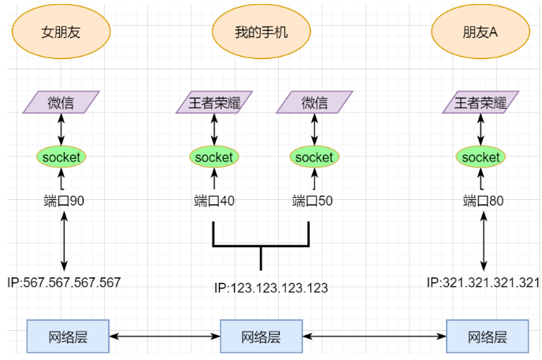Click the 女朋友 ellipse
pyautogui.click(x=61, y=32)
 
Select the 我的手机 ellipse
pyautogui.click(x=262, y=32)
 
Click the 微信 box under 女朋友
pyautogui.click(x=61, y=102)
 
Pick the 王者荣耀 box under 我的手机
pyautogui.click(x=214, y=102)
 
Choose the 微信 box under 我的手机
pyautogui.click(x=314, y=102)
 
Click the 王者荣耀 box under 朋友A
pyautogui.click(x=481, y=102)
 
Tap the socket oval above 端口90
pyautogui.click(x=61, y=157)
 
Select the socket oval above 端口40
pyautogui.click(x=214, y=157)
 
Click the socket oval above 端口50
pyautogui.click(x=314, y=157)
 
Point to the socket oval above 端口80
pyautogui.click(x=481, y=157)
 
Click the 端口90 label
pyautogui.click(x=64, y=201)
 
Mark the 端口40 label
pyautogui.click(x=214, y=201)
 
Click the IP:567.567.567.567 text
pyautogui.click(x=64, y=282)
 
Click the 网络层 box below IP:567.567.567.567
pyautogui.click(x=68, y=336)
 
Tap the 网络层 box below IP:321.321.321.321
pyautogui.click(x=487, y=336)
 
